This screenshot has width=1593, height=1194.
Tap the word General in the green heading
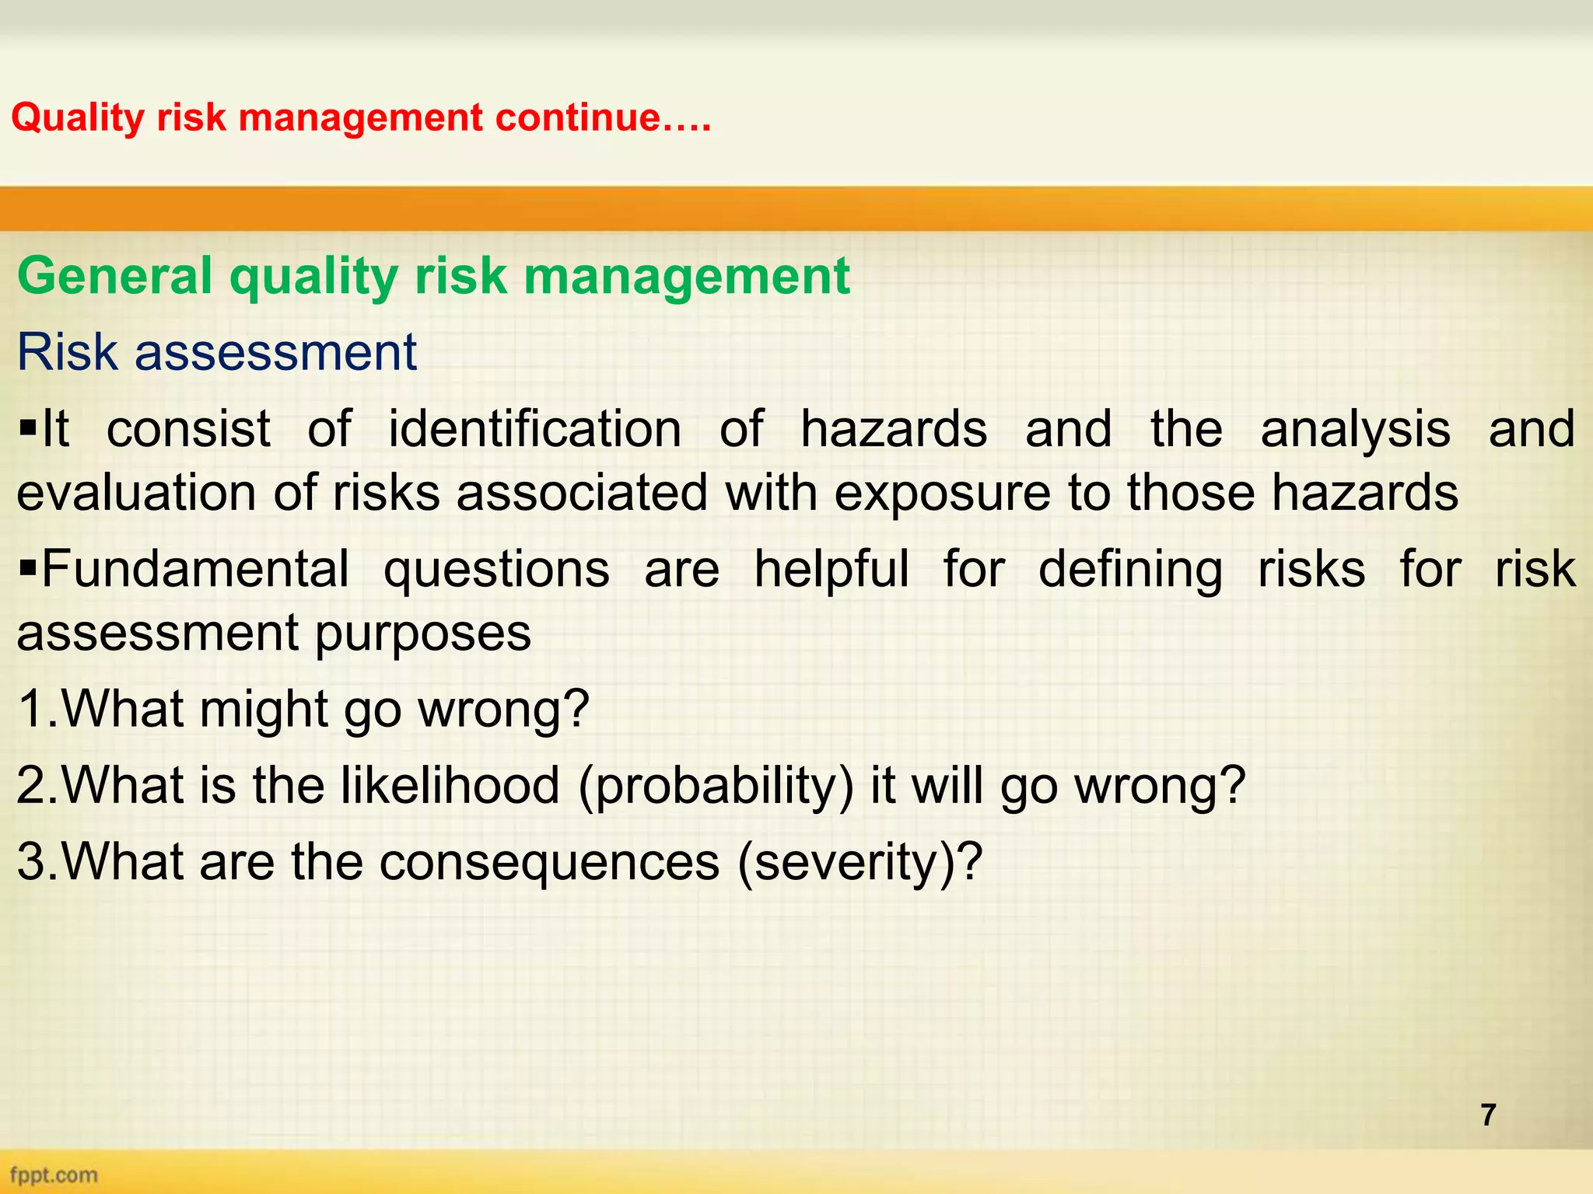pyautogui.click(x=114, y=276)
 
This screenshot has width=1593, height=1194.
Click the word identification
pyautogui.click(x=534, y=429)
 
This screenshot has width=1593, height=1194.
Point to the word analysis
pyautogui.click(x=1355, y=429)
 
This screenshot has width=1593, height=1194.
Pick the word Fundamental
pyautogui.click(x=194, y=569)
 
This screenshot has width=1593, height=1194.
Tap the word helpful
pyautogui.click(x=831, y=569)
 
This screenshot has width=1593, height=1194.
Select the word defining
pyautogui.click(x=1130, y=569)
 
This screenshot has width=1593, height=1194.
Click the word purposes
pyautogui.click(x=422, y=633)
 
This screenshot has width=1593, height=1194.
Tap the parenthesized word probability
pyautogui.click(x=716, y=785)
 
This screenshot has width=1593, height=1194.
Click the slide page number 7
pyautogui.click(x=1488, y=1115)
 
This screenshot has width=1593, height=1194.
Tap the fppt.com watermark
pyautogui.click(x=54, y=1175)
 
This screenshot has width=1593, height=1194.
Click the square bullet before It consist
pyautogui.click(x=28, y=429)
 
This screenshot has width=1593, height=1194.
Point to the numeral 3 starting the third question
pyautogui.click(x=31, y=861)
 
